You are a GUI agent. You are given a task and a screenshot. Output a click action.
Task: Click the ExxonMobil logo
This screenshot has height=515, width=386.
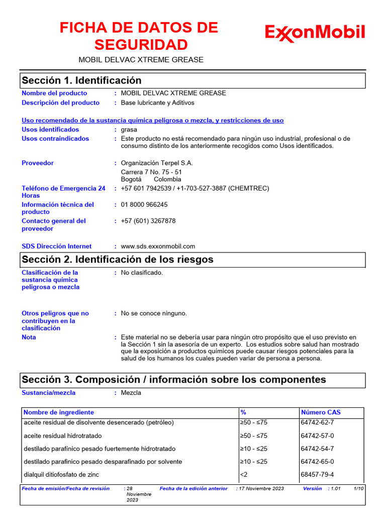click(x=315, y=33)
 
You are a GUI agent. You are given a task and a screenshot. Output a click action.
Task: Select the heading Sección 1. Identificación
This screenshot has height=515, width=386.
click(x=81, y=80)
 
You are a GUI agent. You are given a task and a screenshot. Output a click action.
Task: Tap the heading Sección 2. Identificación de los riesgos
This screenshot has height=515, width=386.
click(x=117, y=260)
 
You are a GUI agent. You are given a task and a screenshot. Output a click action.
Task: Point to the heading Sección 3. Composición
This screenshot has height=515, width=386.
click(x=173, y=380)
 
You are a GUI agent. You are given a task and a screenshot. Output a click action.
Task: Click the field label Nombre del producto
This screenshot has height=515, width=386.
click(x=54, y=93)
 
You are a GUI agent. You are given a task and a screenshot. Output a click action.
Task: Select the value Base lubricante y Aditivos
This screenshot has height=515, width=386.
click(x=157, y=103)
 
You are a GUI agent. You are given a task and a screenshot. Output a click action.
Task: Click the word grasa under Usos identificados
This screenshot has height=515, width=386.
click(x=129, y=130)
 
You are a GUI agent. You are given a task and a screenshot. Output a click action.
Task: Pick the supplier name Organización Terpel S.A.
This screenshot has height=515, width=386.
click(x=157, y=163)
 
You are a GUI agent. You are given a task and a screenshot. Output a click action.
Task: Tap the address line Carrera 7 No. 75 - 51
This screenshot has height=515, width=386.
click(x=151, y=171)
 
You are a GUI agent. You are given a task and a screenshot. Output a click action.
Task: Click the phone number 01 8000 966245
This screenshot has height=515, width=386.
click(x=144, y=205)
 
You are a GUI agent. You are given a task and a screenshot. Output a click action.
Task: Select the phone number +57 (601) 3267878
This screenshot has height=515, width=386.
click(x=148, y=221)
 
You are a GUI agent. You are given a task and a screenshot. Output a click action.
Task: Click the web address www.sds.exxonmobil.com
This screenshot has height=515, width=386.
click(x=158, y=246)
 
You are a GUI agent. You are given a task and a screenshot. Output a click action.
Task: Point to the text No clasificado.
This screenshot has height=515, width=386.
click(x=142, y=273)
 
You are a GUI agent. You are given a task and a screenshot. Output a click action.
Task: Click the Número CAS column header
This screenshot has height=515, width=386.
click(x=321, y=412)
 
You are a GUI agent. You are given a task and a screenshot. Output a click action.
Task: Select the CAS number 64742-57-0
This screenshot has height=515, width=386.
click(x=317, y=436)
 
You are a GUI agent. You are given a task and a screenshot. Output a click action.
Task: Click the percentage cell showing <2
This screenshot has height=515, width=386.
click(x=244, y=475)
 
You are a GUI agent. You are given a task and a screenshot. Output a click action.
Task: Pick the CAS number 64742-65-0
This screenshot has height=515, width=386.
click(x=317, y=462)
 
